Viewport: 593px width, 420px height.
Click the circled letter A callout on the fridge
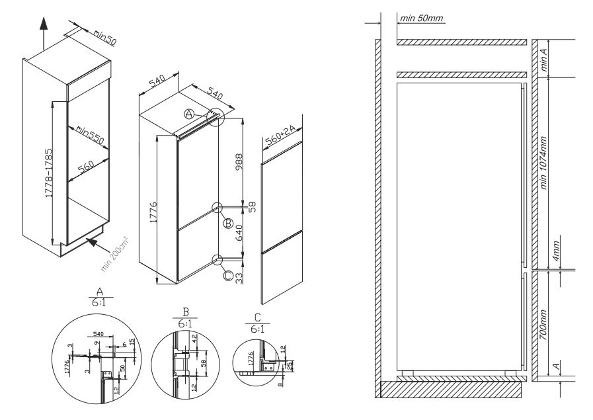(188, 114)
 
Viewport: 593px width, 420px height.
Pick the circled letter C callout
(228, 276)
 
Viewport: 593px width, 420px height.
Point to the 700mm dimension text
(544, 320)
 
